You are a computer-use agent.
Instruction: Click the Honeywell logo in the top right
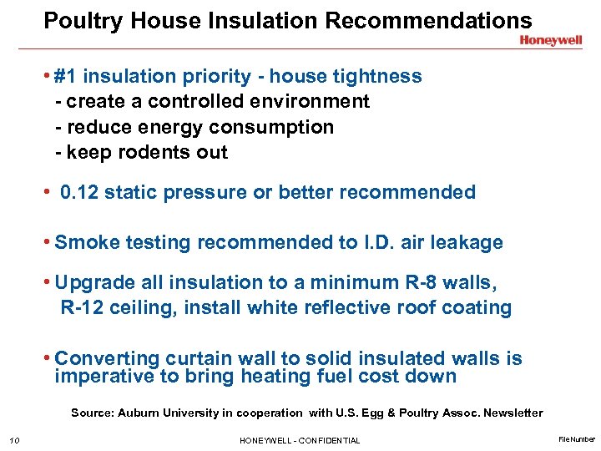click(550, 39)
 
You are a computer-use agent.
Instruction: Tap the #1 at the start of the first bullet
click(66, 77)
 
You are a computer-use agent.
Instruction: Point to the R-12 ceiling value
click(83, 307)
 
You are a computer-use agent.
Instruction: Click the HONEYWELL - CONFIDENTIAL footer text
click(300, 440)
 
